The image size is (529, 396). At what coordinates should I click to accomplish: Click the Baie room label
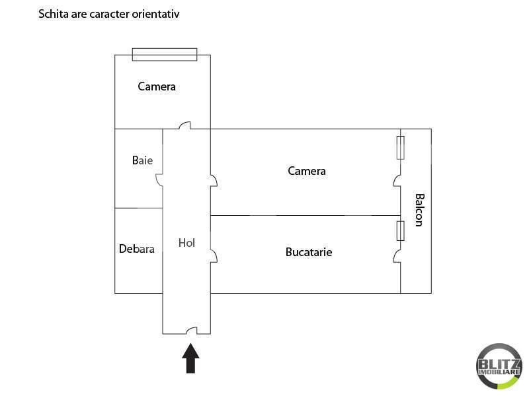[x=142, y=160]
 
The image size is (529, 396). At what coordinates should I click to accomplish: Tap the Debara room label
[x=137, y=249]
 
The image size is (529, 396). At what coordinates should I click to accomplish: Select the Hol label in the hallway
[x=186, y=243]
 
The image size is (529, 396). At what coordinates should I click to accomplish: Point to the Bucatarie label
[x=309, y=252]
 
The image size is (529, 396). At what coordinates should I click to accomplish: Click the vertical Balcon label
[x=419, y=210]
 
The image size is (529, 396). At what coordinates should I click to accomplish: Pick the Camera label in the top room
[x=157, y=86]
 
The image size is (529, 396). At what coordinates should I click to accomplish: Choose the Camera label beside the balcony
[x=307, y=171]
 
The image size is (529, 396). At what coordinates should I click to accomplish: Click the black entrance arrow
[x=190, y=358]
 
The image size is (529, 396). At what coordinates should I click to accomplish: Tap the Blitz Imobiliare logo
[x=499, y=366]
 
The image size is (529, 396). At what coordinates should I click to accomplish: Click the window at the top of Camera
[x=165, y=55]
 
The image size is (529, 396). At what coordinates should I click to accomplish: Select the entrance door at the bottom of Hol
[x=192, y=331]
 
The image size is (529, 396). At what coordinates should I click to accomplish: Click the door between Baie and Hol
[x=159, y=180]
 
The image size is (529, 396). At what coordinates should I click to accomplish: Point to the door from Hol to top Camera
[x=184, y=125]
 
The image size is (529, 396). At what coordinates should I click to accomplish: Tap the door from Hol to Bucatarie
[x=214, y=256]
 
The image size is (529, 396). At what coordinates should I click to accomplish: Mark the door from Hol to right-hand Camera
[x=214, y=180]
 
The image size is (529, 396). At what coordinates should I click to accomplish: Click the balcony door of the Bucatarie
[x=397, y=256]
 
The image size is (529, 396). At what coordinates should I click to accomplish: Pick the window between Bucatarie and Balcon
[x=401, y=231]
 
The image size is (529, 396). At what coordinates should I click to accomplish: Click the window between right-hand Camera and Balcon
[x=401, y=148]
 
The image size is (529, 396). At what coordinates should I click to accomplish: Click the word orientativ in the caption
[x=155, y=14]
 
